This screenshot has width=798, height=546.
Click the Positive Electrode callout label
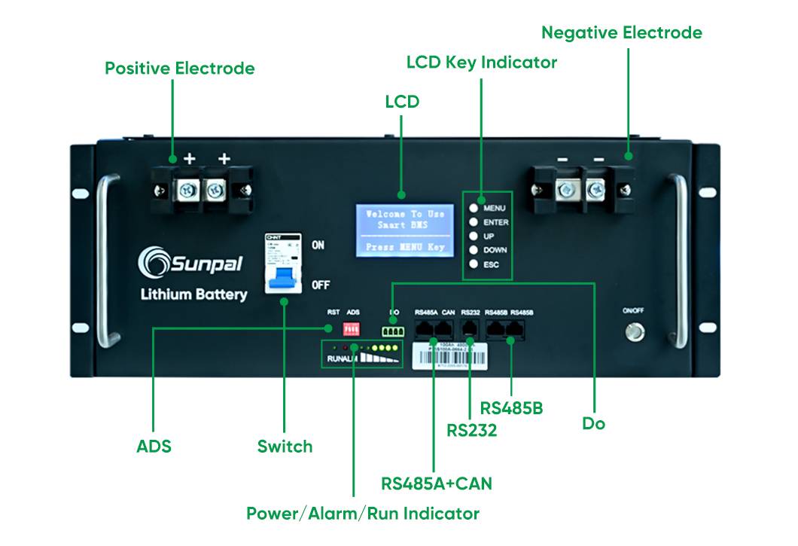coord(179,69)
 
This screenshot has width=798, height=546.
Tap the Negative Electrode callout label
coord(622,33)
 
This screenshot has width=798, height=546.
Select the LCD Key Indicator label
coord(482,63)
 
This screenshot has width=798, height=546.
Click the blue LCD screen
coord(404,230)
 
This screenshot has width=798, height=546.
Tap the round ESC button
coord(474,264)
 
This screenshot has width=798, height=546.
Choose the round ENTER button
coord(474,222)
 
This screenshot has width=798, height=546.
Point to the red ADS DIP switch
coord(351,329)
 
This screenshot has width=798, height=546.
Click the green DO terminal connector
coord(392,330)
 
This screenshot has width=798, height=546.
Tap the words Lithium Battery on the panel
coord(193,294)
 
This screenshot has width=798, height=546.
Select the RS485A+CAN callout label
coord(437,483)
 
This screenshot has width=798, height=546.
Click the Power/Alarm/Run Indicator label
coord(363,514)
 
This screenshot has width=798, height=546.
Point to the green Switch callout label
coord(285,446)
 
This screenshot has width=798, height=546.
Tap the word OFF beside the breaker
coord(321,285)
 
